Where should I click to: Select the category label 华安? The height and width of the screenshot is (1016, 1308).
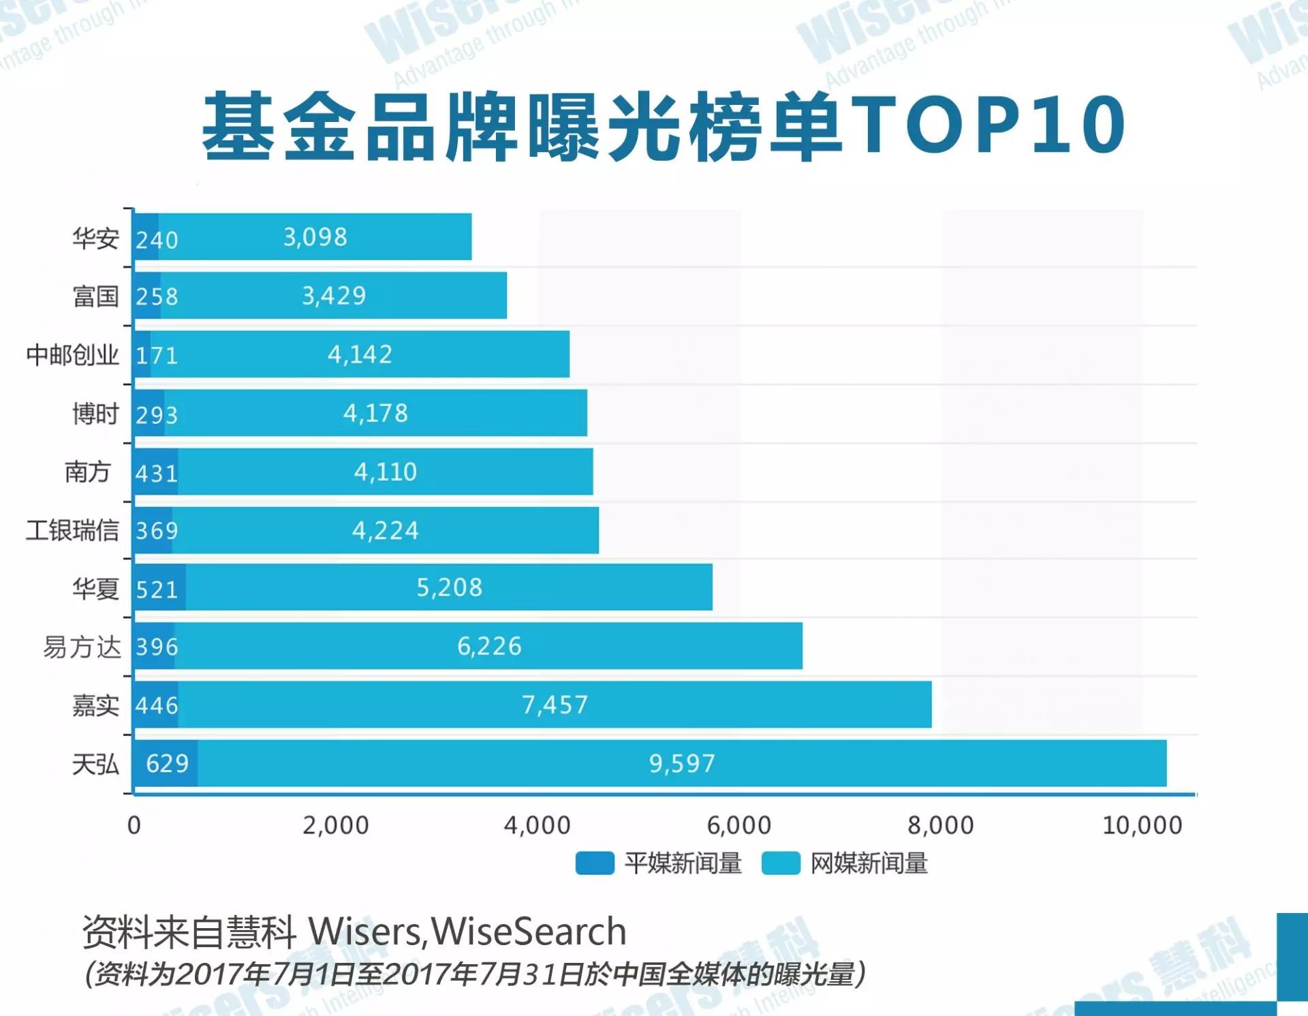click(95, 238)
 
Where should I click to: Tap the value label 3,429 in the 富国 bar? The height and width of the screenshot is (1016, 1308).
click(334, 296)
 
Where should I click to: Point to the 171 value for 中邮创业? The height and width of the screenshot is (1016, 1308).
click(157, 355)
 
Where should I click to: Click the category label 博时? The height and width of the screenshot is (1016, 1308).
click(95, 414)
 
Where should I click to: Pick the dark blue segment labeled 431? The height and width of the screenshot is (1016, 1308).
click(156, 472)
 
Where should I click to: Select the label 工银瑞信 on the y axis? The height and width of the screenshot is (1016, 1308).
click(72, 530)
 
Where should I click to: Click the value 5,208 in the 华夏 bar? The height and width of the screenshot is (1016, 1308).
click(449, 587)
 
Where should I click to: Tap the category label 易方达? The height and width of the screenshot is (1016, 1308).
click(82, 647)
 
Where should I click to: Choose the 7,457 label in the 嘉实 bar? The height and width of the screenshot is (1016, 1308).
click(555, 705)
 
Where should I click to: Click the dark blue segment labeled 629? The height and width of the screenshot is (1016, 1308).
click(166, 763)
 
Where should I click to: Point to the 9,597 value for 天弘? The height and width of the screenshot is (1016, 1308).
click(682, 763)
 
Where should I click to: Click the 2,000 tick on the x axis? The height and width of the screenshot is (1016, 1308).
click(335, 825)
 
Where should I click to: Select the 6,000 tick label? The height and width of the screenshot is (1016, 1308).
click(739, 825)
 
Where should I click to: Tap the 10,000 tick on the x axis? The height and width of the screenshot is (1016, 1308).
click(1142, 825)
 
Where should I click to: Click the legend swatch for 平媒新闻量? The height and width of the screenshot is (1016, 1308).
click(594, 863)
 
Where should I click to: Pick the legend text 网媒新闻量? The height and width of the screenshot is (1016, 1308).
click(869, 863)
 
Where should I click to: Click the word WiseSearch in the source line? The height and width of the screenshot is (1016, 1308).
click(529, 932)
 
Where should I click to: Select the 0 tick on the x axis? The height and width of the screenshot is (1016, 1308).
click(134, 825)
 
